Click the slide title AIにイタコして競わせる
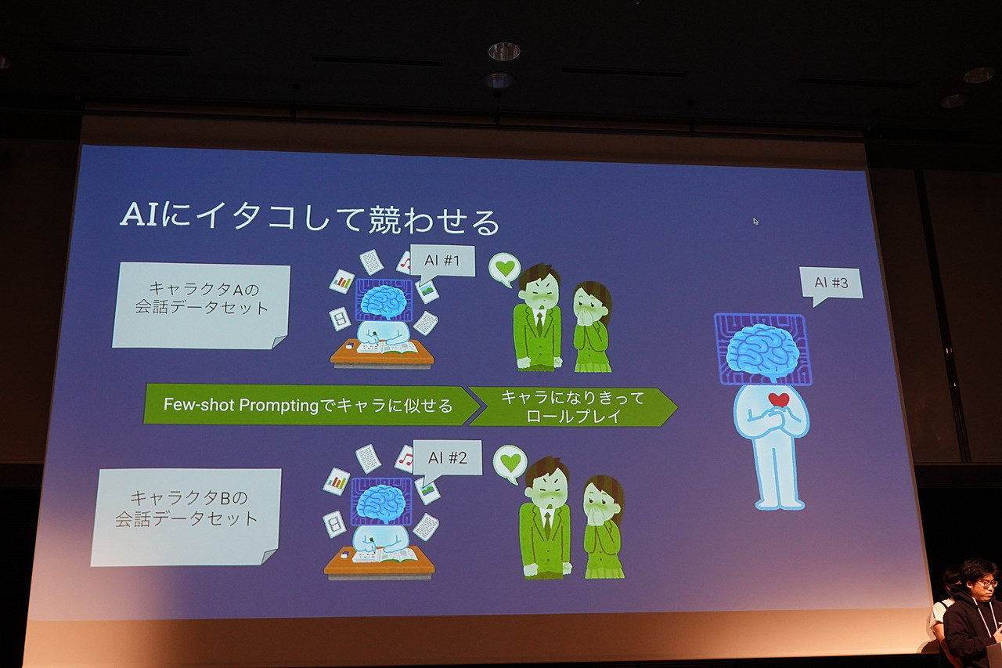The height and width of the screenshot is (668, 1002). pos(309,218)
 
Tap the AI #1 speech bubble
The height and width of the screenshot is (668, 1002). pos(442,261)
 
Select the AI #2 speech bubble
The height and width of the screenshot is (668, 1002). pos(447,458)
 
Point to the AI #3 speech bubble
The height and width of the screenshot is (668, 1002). pos(831,283)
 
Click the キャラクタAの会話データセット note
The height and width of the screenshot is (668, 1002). pos(201,305)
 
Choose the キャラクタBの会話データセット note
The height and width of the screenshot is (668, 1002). pos(186,516)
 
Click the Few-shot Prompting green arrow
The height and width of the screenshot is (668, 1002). pos(308,405)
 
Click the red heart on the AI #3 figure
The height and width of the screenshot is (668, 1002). pos(778,400)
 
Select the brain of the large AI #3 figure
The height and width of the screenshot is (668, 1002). pos(762,349)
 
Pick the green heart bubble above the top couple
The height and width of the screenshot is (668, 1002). pos(505,268)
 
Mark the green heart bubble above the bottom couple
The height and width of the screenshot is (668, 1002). pos(510,462)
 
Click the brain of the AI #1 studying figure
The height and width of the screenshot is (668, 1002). pos(383,301)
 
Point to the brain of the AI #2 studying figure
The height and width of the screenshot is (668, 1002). pos(381,501)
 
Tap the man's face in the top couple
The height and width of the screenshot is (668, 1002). pos(539,293)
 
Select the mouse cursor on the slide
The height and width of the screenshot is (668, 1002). pos(756,222)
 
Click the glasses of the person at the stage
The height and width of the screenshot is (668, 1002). pos(986,583)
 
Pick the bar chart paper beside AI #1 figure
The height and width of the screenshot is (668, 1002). pos(341,281)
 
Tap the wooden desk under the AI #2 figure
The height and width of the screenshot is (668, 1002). pos(379,561)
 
